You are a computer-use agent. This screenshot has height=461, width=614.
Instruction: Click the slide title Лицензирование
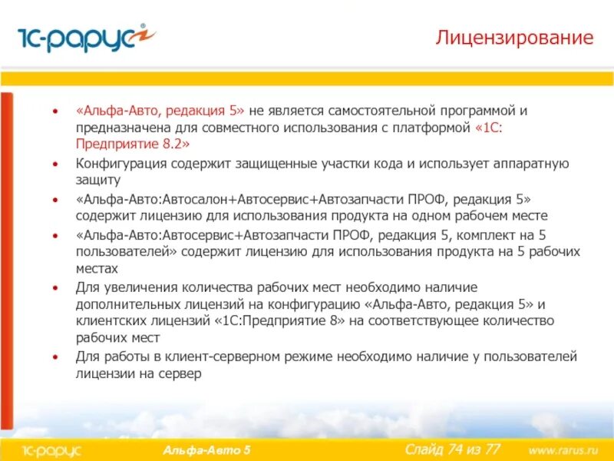(515, 38)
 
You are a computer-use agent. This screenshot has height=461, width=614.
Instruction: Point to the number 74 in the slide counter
(448, 449)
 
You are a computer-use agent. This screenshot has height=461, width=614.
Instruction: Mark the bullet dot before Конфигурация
(54, 164)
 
